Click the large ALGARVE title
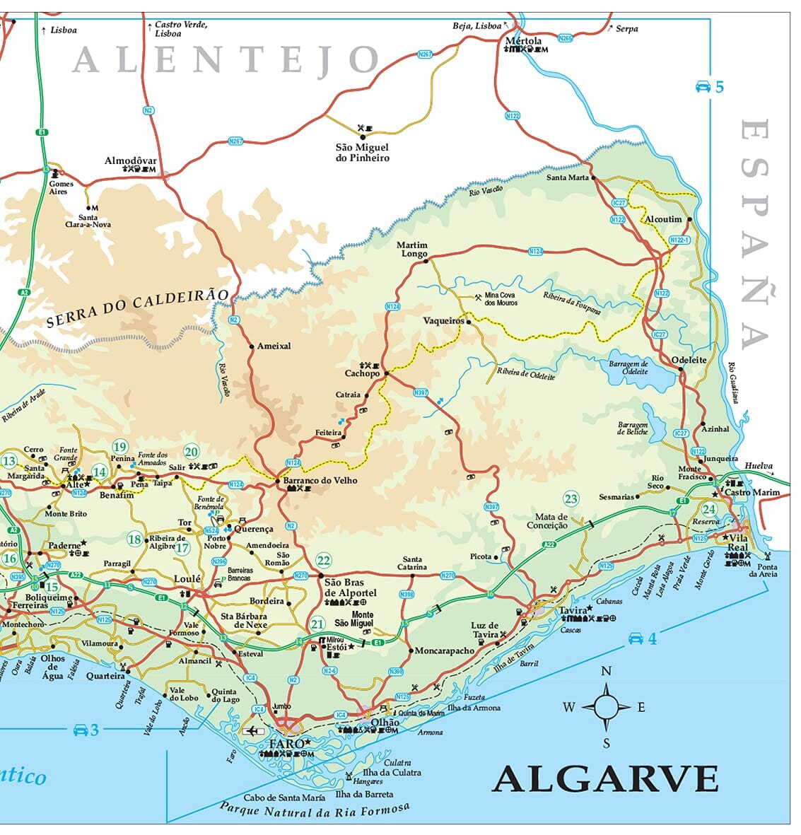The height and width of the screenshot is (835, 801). click(x=605, y=779)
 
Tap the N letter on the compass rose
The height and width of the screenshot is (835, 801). click(x=606, y=672)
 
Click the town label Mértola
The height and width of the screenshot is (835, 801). click(x=523, y=41)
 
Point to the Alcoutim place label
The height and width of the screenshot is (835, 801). click(x=664, y=219)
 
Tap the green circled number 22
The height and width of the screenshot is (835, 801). click(x=324, y=561)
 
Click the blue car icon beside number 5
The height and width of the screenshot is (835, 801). click(x=703, y=87)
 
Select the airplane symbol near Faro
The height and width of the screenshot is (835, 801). click(x=252, y=730)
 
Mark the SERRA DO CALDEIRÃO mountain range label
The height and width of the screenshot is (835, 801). click(x=138, y=309)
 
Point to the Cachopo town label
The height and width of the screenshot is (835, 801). click(x=362, y=373)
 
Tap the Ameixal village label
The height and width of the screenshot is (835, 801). click(x=274, y=346)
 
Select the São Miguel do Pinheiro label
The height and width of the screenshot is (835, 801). click(x=362, y=153)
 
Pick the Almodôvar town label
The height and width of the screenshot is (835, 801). click(x=130, y=160)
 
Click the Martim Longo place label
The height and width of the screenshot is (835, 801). click(x=412, y=250)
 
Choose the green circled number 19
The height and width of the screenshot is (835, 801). click(x=119, y=446)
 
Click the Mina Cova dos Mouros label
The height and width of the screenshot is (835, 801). click(x=501, y=298)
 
